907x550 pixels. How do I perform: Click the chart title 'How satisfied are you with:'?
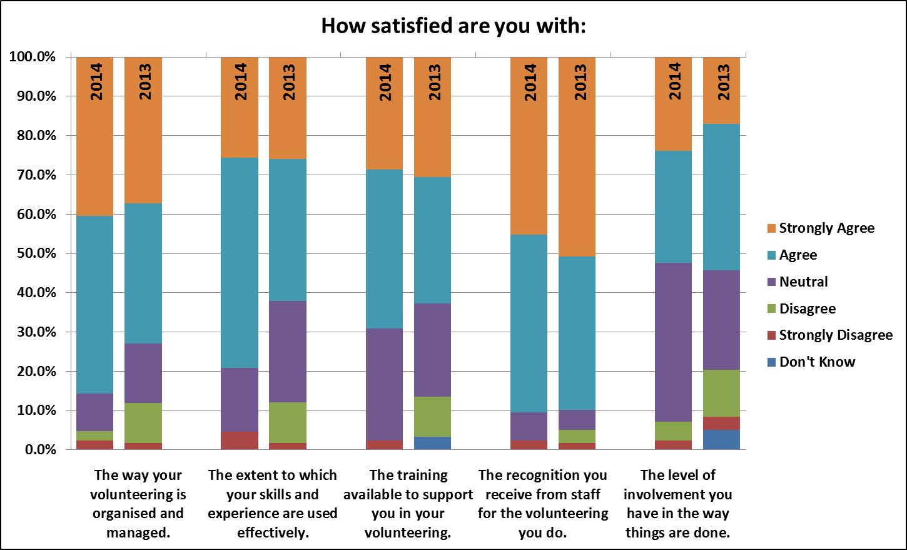pyautogui.click(x=453, y=26)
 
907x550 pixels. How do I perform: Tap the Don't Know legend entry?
pyautogui.click(x=811, y=362)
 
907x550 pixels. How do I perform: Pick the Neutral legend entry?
pyautogui.click(x=798, y=282)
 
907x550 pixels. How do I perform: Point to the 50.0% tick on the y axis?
pyautogui.click(x=36, y=253)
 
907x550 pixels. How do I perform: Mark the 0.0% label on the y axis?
pyautogui.click(x=40, y=449)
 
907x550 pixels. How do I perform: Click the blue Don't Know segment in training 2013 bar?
pyautogui.click(x=432, y=443)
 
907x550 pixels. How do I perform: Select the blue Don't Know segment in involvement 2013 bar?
pyautogui.click(x=722, y=439)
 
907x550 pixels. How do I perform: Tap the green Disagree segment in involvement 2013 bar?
pyautogui.click(x=722, y=394)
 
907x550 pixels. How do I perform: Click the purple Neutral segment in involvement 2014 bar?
pyautogui.click(x=673, y=342)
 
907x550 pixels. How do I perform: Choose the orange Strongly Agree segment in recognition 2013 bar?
pyautogui.click(x=577, y=156)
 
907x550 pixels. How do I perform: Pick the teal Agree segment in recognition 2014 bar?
pyautogui.click(x=529, y=323)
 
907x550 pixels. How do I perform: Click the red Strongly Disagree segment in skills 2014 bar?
pyautogui.click(x=240, y=441)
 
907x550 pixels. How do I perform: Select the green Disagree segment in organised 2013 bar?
pyautogui.click(x=143, y=423)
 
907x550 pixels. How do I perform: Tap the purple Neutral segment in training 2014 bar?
pyautogui.click(x=384, y=384)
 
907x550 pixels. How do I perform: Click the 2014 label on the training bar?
pyautogui.click(x=385, y=82)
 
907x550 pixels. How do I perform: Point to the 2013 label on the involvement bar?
pyautogui.click(x=723, y=82)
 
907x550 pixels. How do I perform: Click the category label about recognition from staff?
pyautogui.click(x=542, y=504)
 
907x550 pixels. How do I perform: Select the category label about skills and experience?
pyautogui.click(x=273, y=504)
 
